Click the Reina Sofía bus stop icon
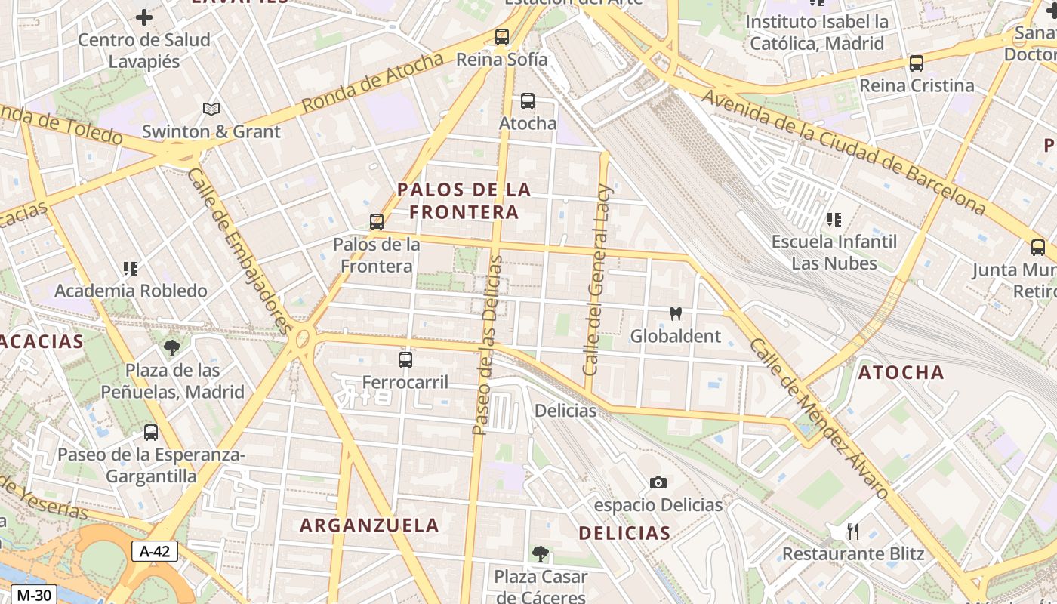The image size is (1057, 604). [x=502, y=37]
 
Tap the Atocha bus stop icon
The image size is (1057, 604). [x=528, y=101]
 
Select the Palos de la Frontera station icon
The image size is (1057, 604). [x=377, y=222]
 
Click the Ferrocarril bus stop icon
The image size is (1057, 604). [x=405, y=360]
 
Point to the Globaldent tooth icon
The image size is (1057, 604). [x=676, y=313]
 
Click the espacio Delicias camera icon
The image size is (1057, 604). [x=658, y=482]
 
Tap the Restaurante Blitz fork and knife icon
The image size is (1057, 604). [x=853, y=532]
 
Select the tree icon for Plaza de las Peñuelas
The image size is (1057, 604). [x=172, y=348]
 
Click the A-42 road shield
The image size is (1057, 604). [x=155, y=551]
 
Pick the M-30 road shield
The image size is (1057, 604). [x=34, y=595]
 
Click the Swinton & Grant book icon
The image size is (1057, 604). [x=211, y=109]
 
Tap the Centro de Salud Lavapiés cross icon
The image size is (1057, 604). [x=143, y=17]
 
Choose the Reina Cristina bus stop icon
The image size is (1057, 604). [x=917, y=63]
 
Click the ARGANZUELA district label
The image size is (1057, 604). [x=369, y=525]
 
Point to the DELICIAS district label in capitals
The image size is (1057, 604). [x=624, y=533]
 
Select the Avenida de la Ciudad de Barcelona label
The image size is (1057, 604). [x=844, y=151]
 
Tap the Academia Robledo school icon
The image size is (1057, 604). [x=131, y=269]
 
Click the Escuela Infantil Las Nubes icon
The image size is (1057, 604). [x=834, y=220]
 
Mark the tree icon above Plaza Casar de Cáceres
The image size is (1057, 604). [x=540, y=554]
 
